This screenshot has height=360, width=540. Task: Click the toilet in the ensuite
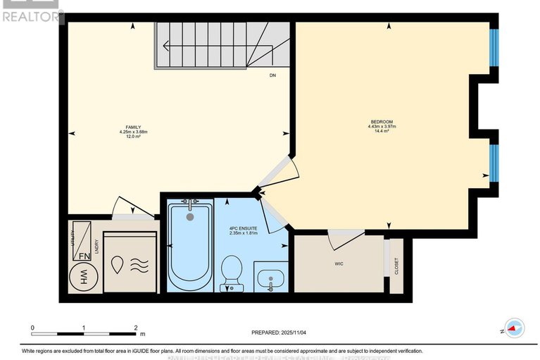pyautogui.click(x=232, y=273)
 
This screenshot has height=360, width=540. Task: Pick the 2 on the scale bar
pyautogui.click(x=135, y=328)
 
